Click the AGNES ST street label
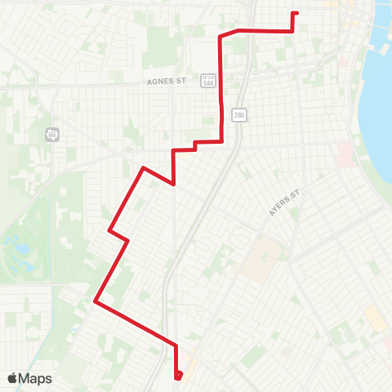167,81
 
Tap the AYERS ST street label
285,203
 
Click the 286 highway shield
238,115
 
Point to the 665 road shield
53,134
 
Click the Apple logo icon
13,378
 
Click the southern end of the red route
177,376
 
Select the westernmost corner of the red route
96,301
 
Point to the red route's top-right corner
292,31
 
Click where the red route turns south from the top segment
220,36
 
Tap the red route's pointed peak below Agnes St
144,168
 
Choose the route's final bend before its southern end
176,344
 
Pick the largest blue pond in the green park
14,242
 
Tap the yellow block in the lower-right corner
375,318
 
